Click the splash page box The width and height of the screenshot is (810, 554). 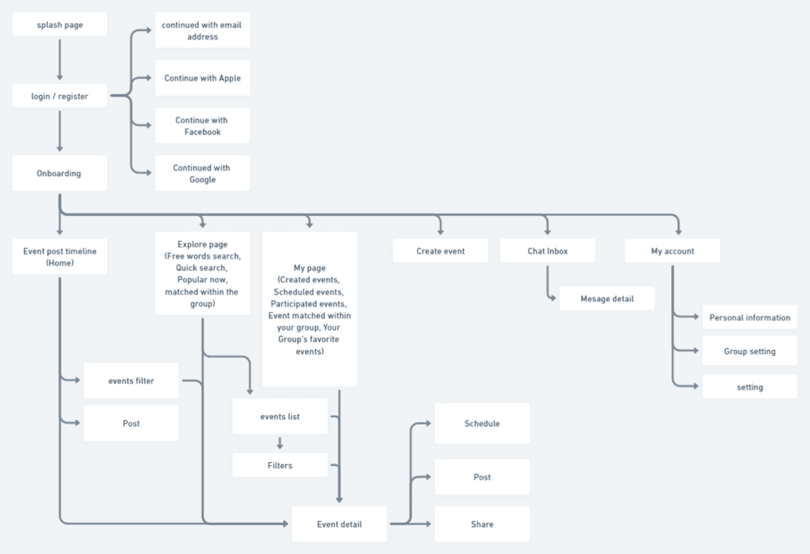click(x=59, y=24)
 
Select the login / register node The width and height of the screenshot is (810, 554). click(x=59, y=97)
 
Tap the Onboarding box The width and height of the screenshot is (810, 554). click(x=59, y=174)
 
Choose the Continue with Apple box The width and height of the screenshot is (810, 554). click(x=202, y=78)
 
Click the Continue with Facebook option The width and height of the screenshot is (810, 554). click(x=202, y=126)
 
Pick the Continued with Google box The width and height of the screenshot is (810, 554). click(x=202, y=174)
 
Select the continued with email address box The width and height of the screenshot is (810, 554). click(x=202, y=30)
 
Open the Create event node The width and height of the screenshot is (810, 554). click(x=440, y=251)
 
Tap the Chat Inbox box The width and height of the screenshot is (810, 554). click(x=548, y=251)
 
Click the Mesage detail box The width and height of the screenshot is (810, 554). click(x=607, y=299)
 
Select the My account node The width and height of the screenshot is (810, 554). click(x=672, y=251)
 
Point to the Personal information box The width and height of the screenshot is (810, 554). click(x=750, y=318)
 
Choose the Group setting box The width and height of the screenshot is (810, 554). click(x=750, y=352)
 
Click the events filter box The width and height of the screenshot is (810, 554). click(x=131, y=380)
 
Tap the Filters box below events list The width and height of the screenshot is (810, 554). click(x=280, y=465)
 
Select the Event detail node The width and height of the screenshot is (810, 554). click(x=339, y=524)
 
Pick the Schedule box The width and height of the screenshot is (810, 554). click(x=482, y=423)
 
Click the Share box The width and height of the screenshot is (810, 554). click(x=482, y=524)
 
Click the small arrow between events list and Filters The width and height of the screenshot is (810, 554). click(x=280, y=443)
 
